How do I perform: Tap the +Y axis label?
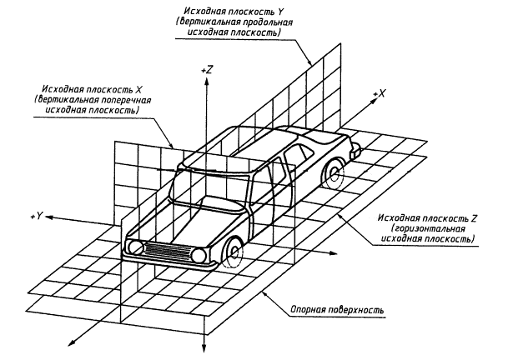pos(35,216)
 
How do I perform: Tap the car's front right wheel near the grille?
pos(234,249)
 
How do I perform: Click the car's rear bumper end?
pos(357,152)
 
